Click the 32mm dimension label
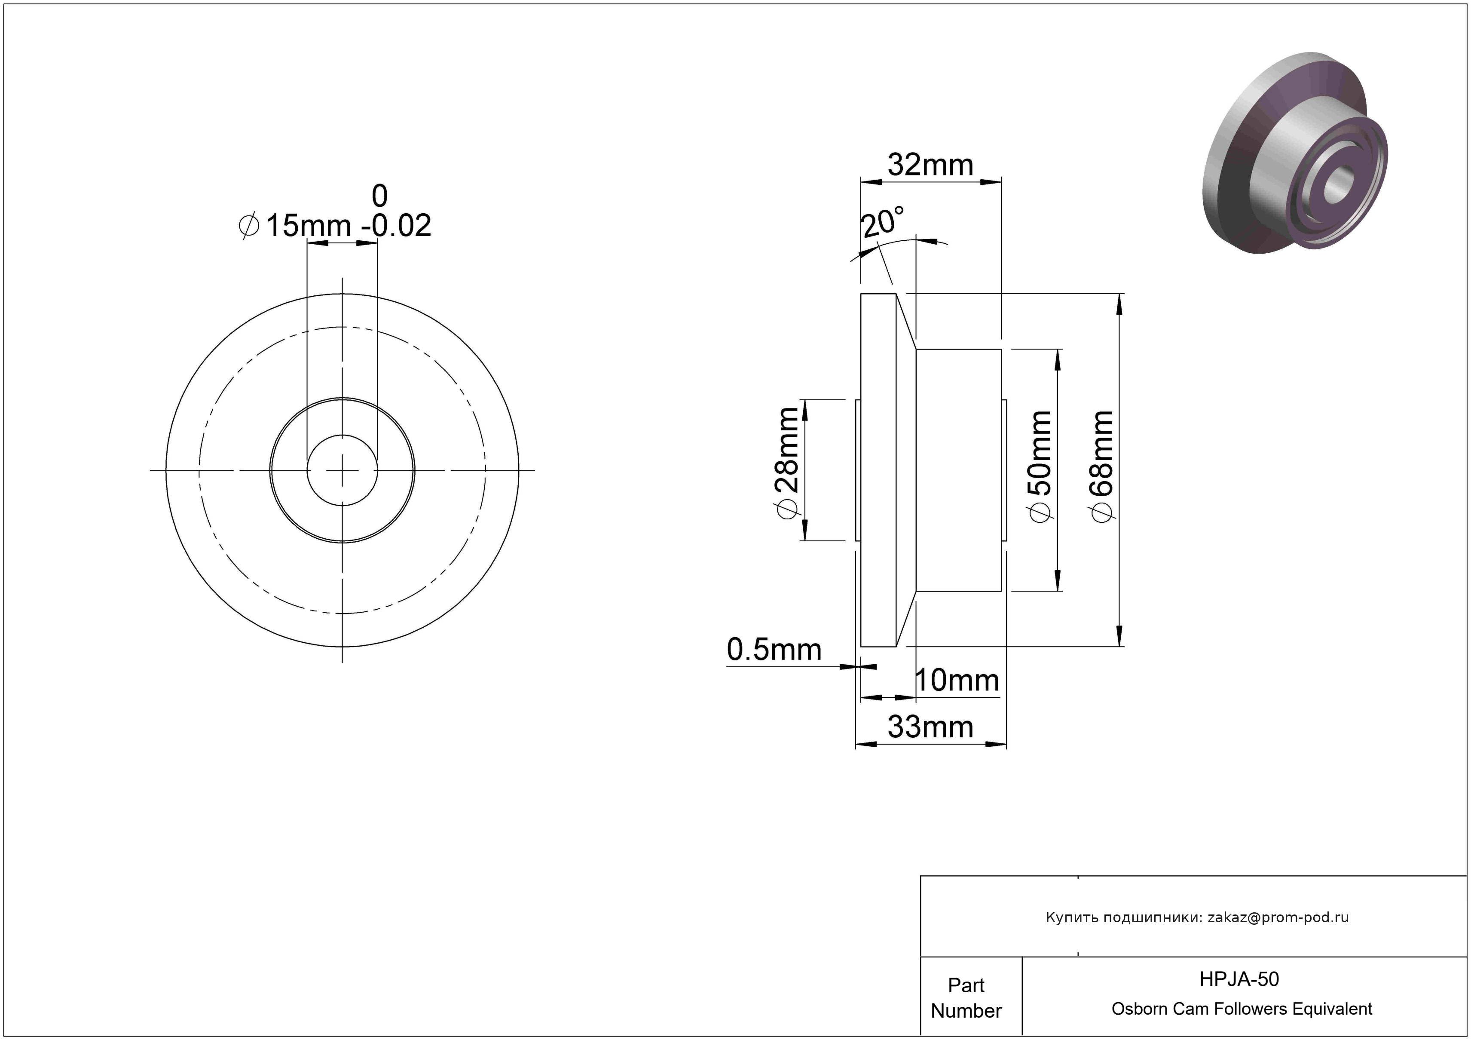pos(930,166)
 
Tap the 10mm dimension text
pos(957,681)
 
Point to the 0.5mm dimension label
pos(774,650)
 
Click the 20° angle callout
pos(883,222)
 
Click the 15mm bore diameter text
pos(308,226)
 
